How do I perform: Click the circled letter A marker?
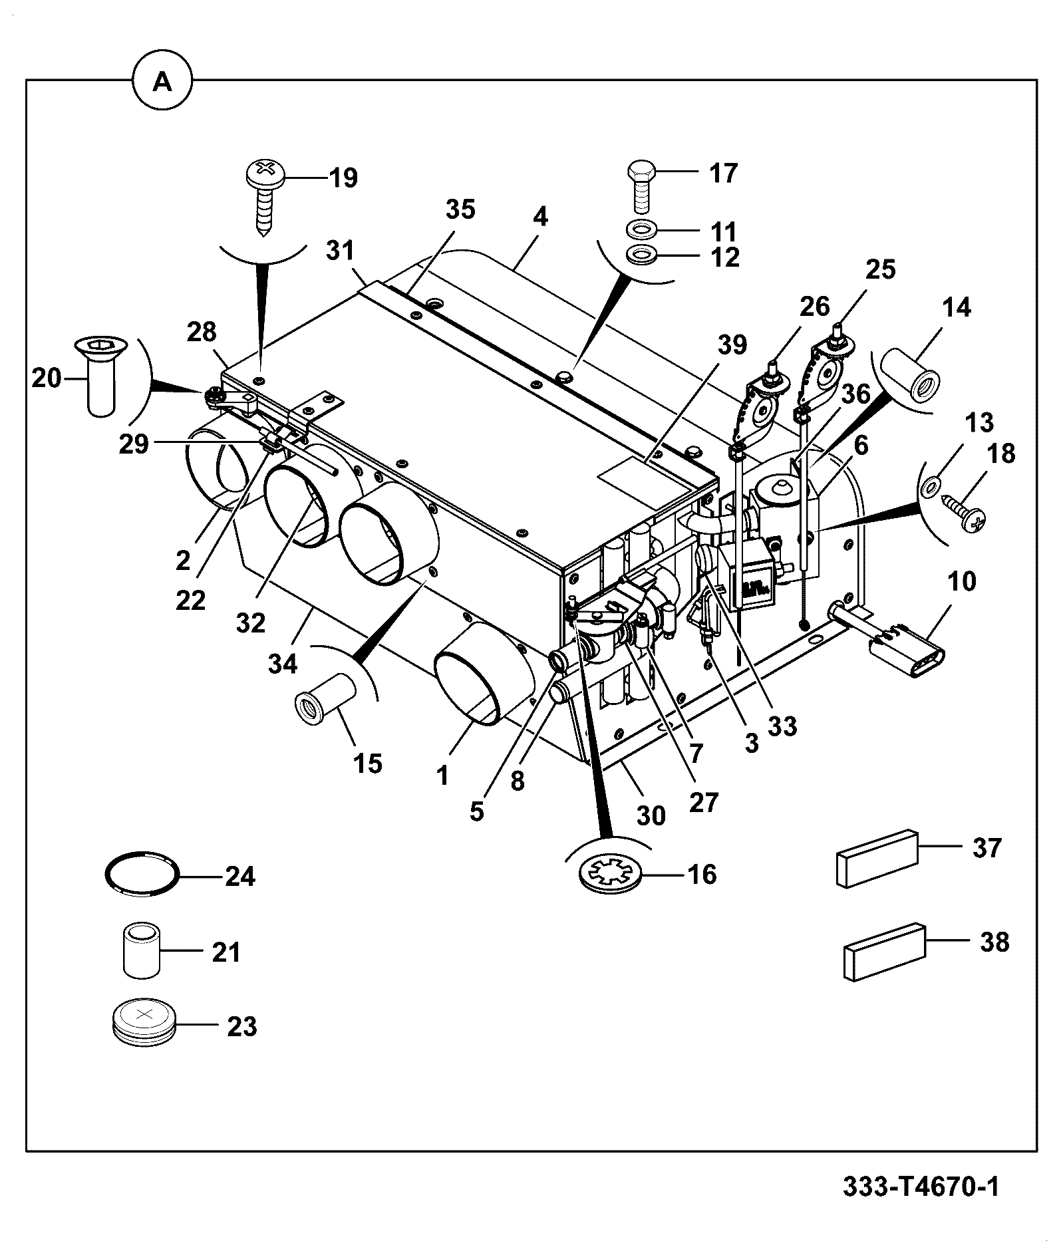coord(162,82)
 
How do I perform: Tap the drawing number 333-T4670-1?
coord(921,1187)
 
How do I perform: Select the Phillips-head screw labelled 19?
coord(265,194)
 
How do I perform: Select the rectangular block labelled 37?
coord(876,858)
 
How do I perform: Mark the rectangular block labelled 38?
coord(885,952)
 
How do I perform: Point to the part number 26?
coord(815,306)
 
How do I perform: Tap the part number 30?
coord(651,815)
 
